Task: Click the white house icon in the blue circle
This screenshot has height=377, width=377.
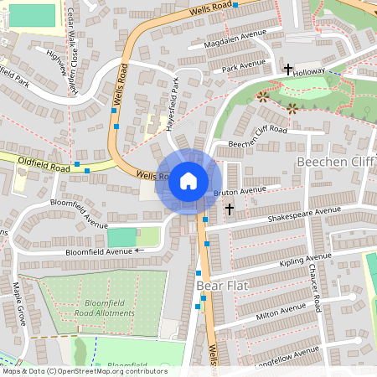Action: coord(188,180)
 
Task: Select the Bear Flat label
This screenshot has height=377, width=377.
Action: coord(221,286)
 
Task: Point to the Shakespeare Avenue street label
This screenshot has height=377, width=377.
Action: coord(304,214)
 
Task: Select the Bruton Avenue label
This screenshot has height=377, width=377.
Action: coord(240,191)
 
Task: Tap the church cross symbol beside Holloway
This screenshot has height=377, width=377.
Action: coord(289,69)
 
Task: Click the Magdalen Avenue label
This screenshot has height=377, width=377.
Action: coord(235,38)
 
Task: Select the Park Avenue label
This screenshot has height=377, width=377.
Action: coord(244,65)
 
